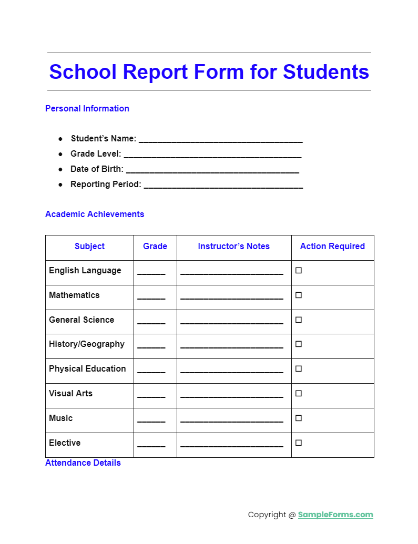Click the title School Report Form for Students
click(x=209, y=71)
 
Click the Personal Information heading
click(x=87, y=109)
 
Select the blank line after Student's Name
click(x=220, y=140)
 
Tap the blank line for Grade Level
click(x=212, y=156)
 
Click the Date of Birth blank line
click(x=212, y=171)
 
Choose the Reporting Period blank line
click(x=223, y=186)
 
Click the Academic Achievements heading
click(x=94, y=214)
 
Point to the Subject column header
click(x=89, y=247)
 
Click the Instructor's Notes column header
click(x=233, y=247)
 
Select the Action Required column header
click(x=332, y=247)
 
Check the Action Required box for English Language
click(x=299, y=271)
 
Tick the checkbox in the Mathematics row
click(x=299, y=295)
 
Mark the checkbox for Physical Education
click(x=299, y=369)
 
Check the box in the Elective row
click(x=299, y=443)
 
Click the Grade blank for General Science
click(x=151, y=322)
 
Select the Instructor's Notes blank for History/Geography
click(x=231, y=346)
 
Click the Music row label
click(x=60, y=418)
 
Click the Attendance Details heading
click(x=83, y=463)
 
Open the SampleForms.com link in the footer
click(x=335, y=515)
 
